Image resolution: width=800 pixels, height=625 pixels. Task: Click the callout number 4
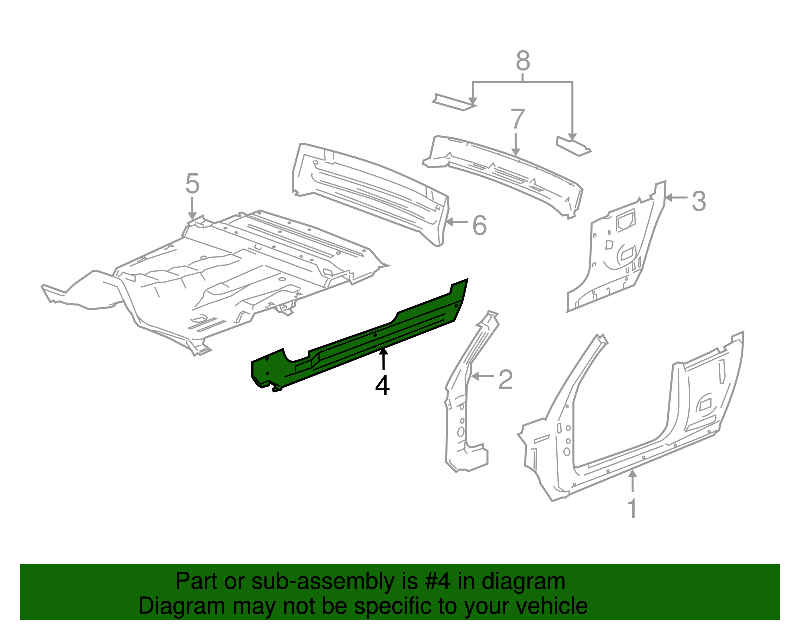coord(382,385)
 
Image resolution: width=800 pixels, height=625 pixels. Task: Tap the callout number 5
coord(192,184)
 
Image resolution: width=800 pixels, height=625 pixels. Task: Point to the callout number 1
coord(632,509)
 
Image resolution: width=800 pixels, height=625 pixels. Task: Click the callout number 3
coord(698,201)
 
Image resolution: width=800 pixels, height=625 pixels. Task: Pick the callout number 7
coord(517,120)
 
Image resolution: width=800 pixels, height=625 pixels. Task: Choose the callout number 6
coord(479,225)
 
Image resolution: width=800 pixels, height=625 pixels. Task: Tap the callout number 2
coord(505,380)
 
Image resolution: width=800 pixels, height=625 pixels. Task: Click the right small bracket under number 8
coord(573,145)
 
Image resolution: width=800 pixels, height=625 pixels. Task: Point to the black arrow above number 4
coord(383,359)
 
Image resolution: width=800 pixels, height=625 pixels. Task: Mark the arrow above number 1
coord(633,481)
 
